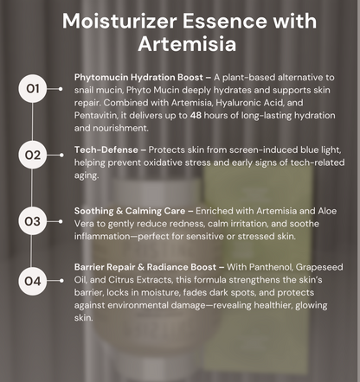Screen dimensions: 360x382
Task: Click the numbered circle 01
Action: [x=32, y=89]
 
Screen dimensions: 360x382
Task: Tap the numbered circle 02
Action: [x=32, y=155]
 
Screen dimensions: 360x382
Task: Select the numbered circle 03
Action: [x=32, y=221]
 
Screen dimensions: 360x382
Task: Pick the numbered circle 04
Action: [x=32, y=281]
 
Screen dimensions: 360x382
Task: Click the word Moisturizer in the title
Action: [x=119, y=21]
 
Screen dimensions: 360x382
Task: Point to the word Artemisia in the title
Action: [x=187, y=44]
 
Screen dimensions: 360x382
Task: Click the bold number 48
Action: [x=196, y=115]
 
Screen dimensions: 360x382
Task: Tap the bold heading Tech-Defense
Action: [x=106, y=150]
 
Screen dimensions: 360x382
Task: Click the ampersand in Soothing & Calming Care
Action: [x=119, y=211]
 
